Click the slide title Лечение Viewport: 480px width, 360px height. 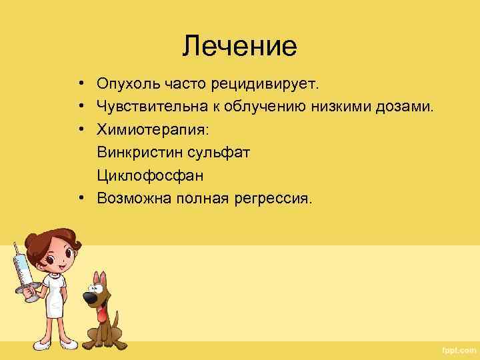pos(239,46)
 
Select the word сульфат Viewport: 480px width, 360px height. pos(219,152)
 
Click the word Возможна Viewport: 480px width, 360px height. pos(134,197)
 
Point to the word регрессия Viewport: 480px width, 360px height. pos(274,197)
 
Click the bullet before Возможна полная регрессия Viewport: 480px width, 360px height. pos(80,197)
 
